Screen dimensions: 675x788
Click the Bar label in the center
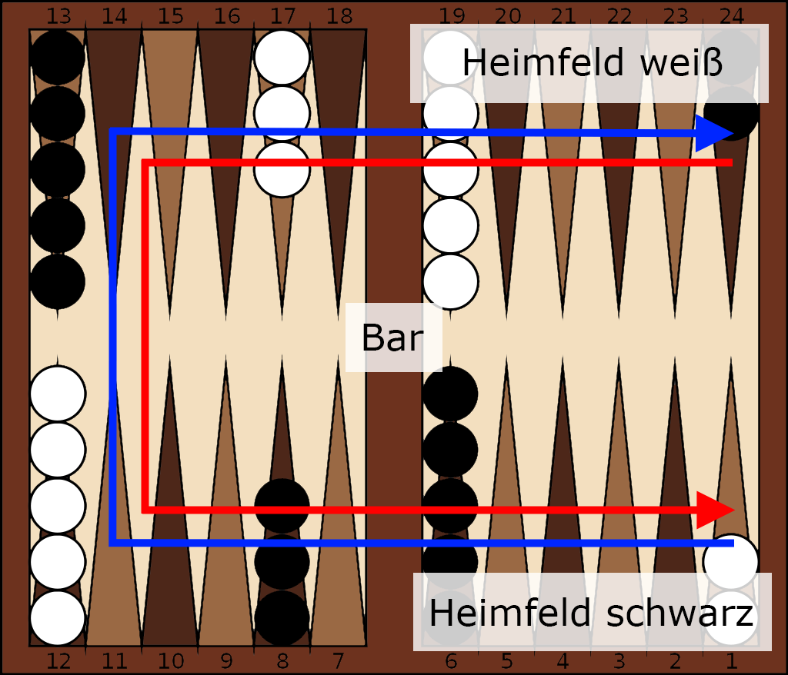point(392,337)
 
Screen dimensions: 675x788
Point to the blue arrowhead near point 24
point(714,134)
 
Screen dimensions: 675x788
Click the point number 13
point(58,15)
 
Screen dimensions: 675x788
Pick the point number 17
point(282,15)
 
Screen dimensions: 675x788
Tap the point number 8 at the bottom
point(282,660)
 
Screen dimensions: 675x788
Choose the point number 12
point(58,660)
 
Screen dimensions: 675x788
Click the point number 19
point(450,15)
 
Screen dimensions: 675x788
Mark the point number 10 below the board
point(171,660)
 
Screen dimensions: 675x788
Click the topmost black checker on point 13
point(58,57)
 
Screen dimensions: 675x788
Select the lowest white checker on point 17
point(282,169)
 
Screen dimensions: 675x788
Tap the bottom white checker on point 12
point(58,618)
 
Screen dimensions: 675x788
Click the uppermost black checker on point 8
point(282,506)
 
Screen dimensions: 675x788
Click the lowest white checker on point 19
point(450,281)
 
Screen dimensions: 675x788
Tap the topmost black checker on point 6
point(450,394)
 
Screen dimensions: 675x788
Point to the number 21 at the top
point(563,15)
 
